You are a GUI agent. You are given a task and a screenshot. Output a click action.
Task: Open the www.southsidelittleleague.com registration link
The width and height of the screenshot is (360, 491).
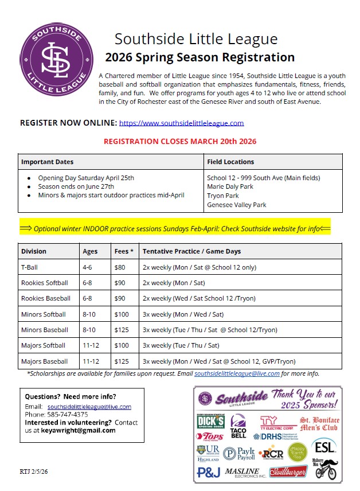tap(181, 123)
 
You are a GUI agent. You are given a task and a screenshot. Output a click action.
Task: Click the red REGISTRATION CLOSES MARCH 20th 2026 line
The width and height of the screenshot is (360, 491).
tap(180, 141)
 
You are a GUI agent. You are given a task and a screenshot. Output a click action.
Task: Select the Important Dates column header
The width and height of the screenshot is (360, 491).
tap(48, 162)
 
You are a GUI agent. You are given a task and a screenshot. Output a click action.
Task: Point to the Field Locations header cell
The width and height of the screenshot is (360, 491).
tap(230, 162)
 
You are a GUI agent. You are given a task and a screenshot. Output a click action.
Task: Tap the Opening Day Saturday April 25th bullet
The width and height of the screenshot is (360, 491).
tap(86, 178)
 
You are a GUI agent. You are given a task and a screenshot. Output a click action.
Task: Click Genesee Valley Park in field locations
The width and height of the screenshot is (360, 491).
tap(236, 205)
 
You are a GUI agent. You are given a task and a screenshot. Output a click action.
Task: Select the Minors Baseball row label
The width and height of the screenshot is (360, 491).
tap(45, 330)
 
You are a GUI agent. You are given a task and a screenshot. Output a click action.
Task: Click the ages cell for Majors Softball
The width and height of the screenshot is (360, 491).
tap(90, 345)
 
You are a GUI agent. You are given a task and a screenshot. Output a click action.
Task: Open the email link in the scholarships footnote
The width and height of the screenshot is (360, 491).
tap(237, 373)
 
